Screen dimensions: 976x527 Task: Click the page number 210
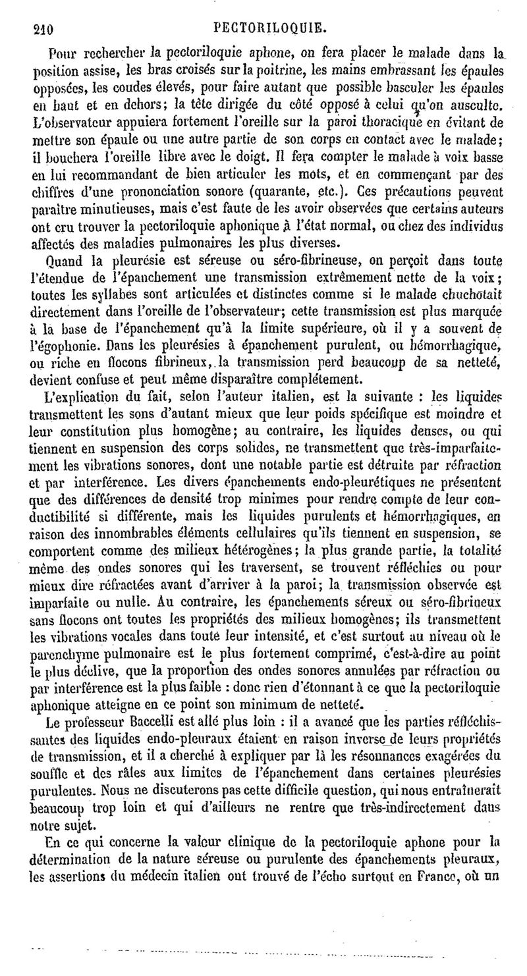click(x=42, y=29)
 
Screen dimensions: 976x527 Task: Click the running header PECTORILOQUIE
click(x=271, y=29)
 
